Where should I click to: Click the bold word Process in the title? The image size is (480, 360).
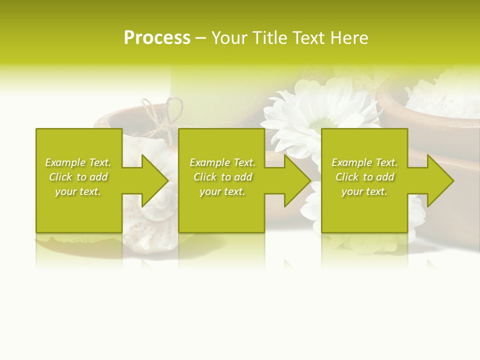coord(157,38)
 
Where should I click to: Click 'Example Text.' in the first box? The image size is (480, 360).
coord(78,162)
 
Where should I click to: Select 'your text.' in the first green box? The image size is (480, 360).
coord(78,191)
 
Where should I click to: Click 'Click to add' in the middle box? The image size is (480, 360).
coord(222,177)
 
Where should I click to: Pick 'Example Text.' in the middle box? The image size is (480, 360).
coord(222,162)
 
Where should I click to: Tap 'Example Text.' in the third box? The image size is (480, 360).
coord(364,162)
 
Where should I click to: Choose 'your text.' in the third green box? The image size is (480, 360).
coord(364,191)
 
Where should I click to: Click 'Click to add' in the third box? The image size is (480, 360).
coord(364,177)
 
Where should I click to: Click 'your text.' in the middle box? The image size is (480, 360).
coord(222,191)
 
